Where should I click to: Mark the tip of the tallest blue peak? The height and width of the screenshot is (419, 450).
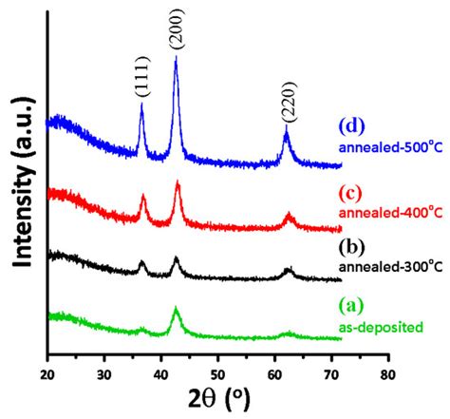[176, 58]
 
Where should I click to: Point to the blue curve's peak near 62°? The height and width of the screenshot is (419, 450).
[286, 132]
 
